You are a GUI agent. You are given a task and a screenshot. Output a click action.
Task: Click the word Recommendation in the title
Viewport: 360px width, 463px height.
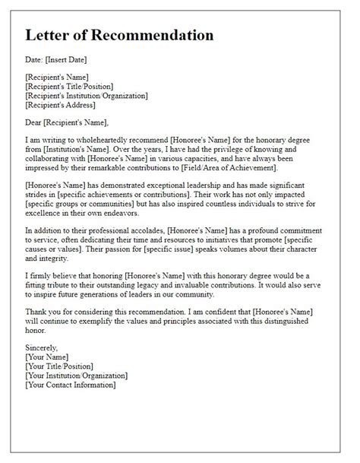tap(150, 35)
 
